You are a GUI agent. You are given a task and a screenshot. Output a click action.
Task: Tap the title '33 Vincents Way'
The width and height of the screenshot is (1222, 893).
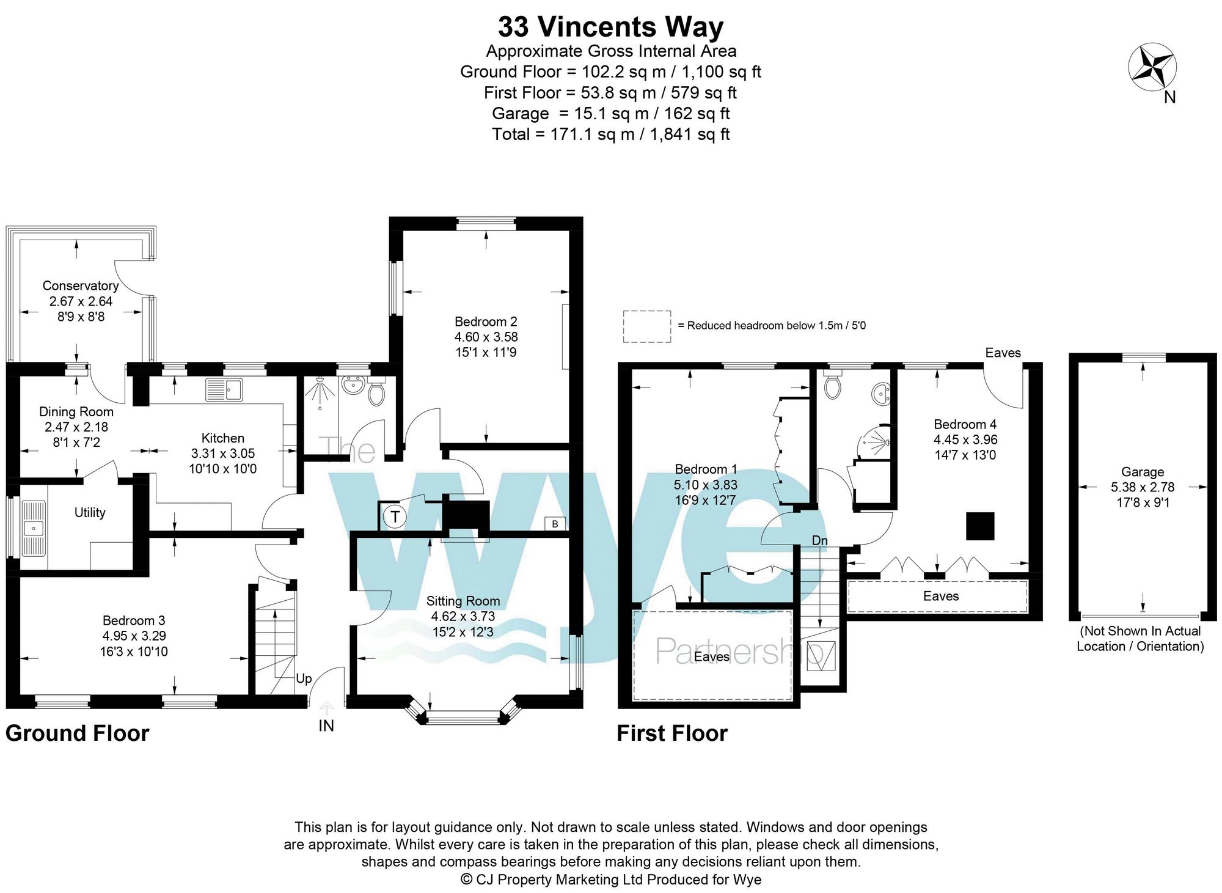pyautogui.click(x=610, y=27)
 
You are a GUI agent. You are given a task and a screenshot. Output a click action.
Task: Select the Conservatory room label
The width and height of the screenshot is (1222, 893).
pyautogui.click(x=81, y=285)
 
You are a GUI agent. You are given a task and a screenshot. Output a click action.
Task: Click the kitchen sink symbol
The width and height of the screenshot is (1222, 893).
pyautogui.click(x=224, y=389)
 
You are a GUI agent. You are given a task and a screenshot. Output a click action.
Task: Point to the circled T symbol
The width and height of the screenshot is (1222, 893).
pyautogui.click(x=395, y=517)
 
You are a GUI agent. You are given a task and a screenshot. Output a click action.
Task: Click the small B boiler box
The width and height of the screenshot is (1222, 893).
pyautogui.click(x=555, y=524)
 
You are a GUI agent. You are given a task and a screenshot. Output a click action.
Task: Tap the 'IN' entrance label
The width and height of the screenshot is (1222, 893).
pyautogui.click(x=326, y=726)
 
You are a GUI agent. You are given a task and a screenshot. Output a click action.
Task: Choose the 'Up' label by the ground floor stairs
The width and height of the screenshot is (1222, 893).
pyautogui.click(x=304, y=678)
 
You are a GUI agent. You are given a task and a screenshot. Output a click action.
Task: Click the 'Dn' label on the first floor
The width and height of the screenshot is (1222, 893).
pyautogui.click(x=819, y=540)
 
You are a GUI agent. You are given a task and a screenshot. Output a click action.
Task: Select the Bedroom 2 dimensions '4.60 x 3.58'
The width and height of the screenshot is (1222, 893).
pyautogui.click(x=486, y=337)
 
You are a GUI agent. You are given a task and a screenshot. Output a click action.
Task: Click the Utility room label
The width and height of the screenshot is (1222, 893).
pyautogui.click(x=90, y=512)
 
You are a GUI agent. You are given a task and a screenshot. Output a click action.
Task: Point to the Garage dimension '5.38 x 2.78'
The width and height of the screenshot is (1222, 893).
pyautogui.click(x=1142, y=487)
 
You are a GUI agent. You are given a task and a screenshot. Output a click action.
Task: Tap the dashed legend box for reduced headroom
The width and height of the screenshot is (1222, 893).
pyautogui.click(x=646, y=326)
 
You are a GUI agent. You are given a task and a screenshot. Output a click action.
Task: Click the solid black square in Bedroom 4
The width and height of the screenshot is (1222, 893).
pyautogui.click(x=980, y=526)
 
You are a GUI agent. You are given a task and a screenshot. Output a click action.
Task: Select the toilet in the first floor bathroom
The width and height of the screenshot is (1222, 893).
pyautogui.click(x=832, y=386)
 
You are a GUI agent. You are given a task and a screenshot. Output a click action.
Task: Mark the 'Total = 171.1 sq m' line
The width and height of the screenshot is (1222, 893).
pyautogui.click(x=610, y=134)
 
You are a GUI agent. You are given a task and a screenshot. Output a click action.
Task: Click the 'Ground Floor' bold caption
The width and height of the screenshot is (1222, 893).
pyautogui.click(x=77, y=733)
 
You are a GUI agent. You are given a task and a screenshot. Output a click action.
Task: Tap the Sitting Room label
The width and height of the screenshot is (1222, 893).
pyautogui.click(x=463, y=601)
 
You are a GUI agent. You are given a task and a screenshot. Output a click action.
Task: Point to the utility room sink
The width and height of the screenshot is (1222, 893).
pyautogui.click(x=34, y=528)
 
